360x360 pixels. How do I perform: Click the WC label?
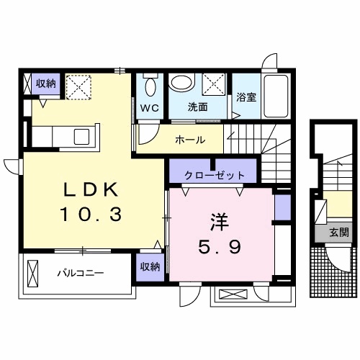(x=149, y=108)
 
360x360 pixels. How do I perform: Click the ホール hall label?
(x=190, y=139)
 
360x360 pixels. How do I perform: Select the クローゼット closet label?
(x=215, y=175)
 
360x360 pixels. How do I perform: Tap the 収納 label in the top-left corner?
(x=46, y=84)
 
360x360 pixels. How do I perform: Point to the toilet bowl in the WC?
(x=150, y=87)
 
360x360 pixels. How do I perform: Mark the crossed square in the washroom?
(x=214, y=83)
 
